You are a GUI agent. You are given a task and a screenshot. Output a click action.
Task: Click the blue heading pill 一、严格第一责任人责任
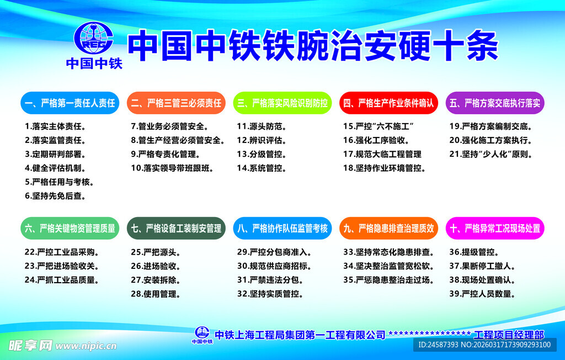[70, 103]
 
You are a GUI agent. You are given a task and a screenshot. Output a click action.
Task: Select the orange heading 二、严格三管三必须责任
[176, 103]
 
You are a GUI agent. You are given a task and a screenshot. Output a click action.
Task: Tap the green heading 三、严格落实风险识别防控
[282, 103]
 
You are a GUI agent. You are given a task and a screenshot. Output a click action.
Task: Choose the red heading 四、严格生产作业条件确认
[388, 103]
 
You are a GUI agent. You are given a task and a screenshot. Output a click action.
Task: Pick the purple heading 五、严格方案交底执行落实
[495, 103]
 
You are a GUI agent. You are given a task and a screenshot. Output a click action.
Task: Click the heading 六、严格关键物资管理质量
[70, 228]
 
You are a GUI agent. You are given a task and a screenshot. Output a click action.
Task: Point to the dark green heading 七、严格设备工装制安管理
[176, 228]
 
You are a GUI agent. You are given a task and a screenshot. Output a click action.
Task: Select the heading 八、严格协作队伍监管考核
[282, 228]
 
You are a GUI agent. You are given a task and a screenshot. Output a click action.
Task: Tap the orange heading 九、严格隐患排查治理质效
[388, 228]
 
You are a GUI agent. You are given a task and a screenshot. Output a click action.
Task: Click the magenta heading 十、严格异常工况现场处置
[495, 228]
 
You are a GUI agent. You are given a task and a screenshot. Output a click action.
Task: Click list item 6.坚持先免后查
[56, 195]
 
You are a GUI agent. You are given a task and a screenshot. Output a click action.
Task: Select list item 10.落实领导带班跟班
[172, 168]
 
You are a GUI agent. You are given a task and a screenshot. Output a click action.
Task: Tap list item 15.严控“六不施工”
[379, 126]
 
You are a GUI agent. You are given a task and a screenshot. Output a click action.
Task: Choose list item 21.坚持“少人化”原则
[491, 154]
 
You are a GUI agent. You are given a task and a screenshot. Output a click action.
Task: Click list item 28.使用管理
[156, 294]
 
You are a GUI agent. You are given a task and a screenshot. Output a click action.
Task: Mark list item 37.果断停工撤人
[482, 266]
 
